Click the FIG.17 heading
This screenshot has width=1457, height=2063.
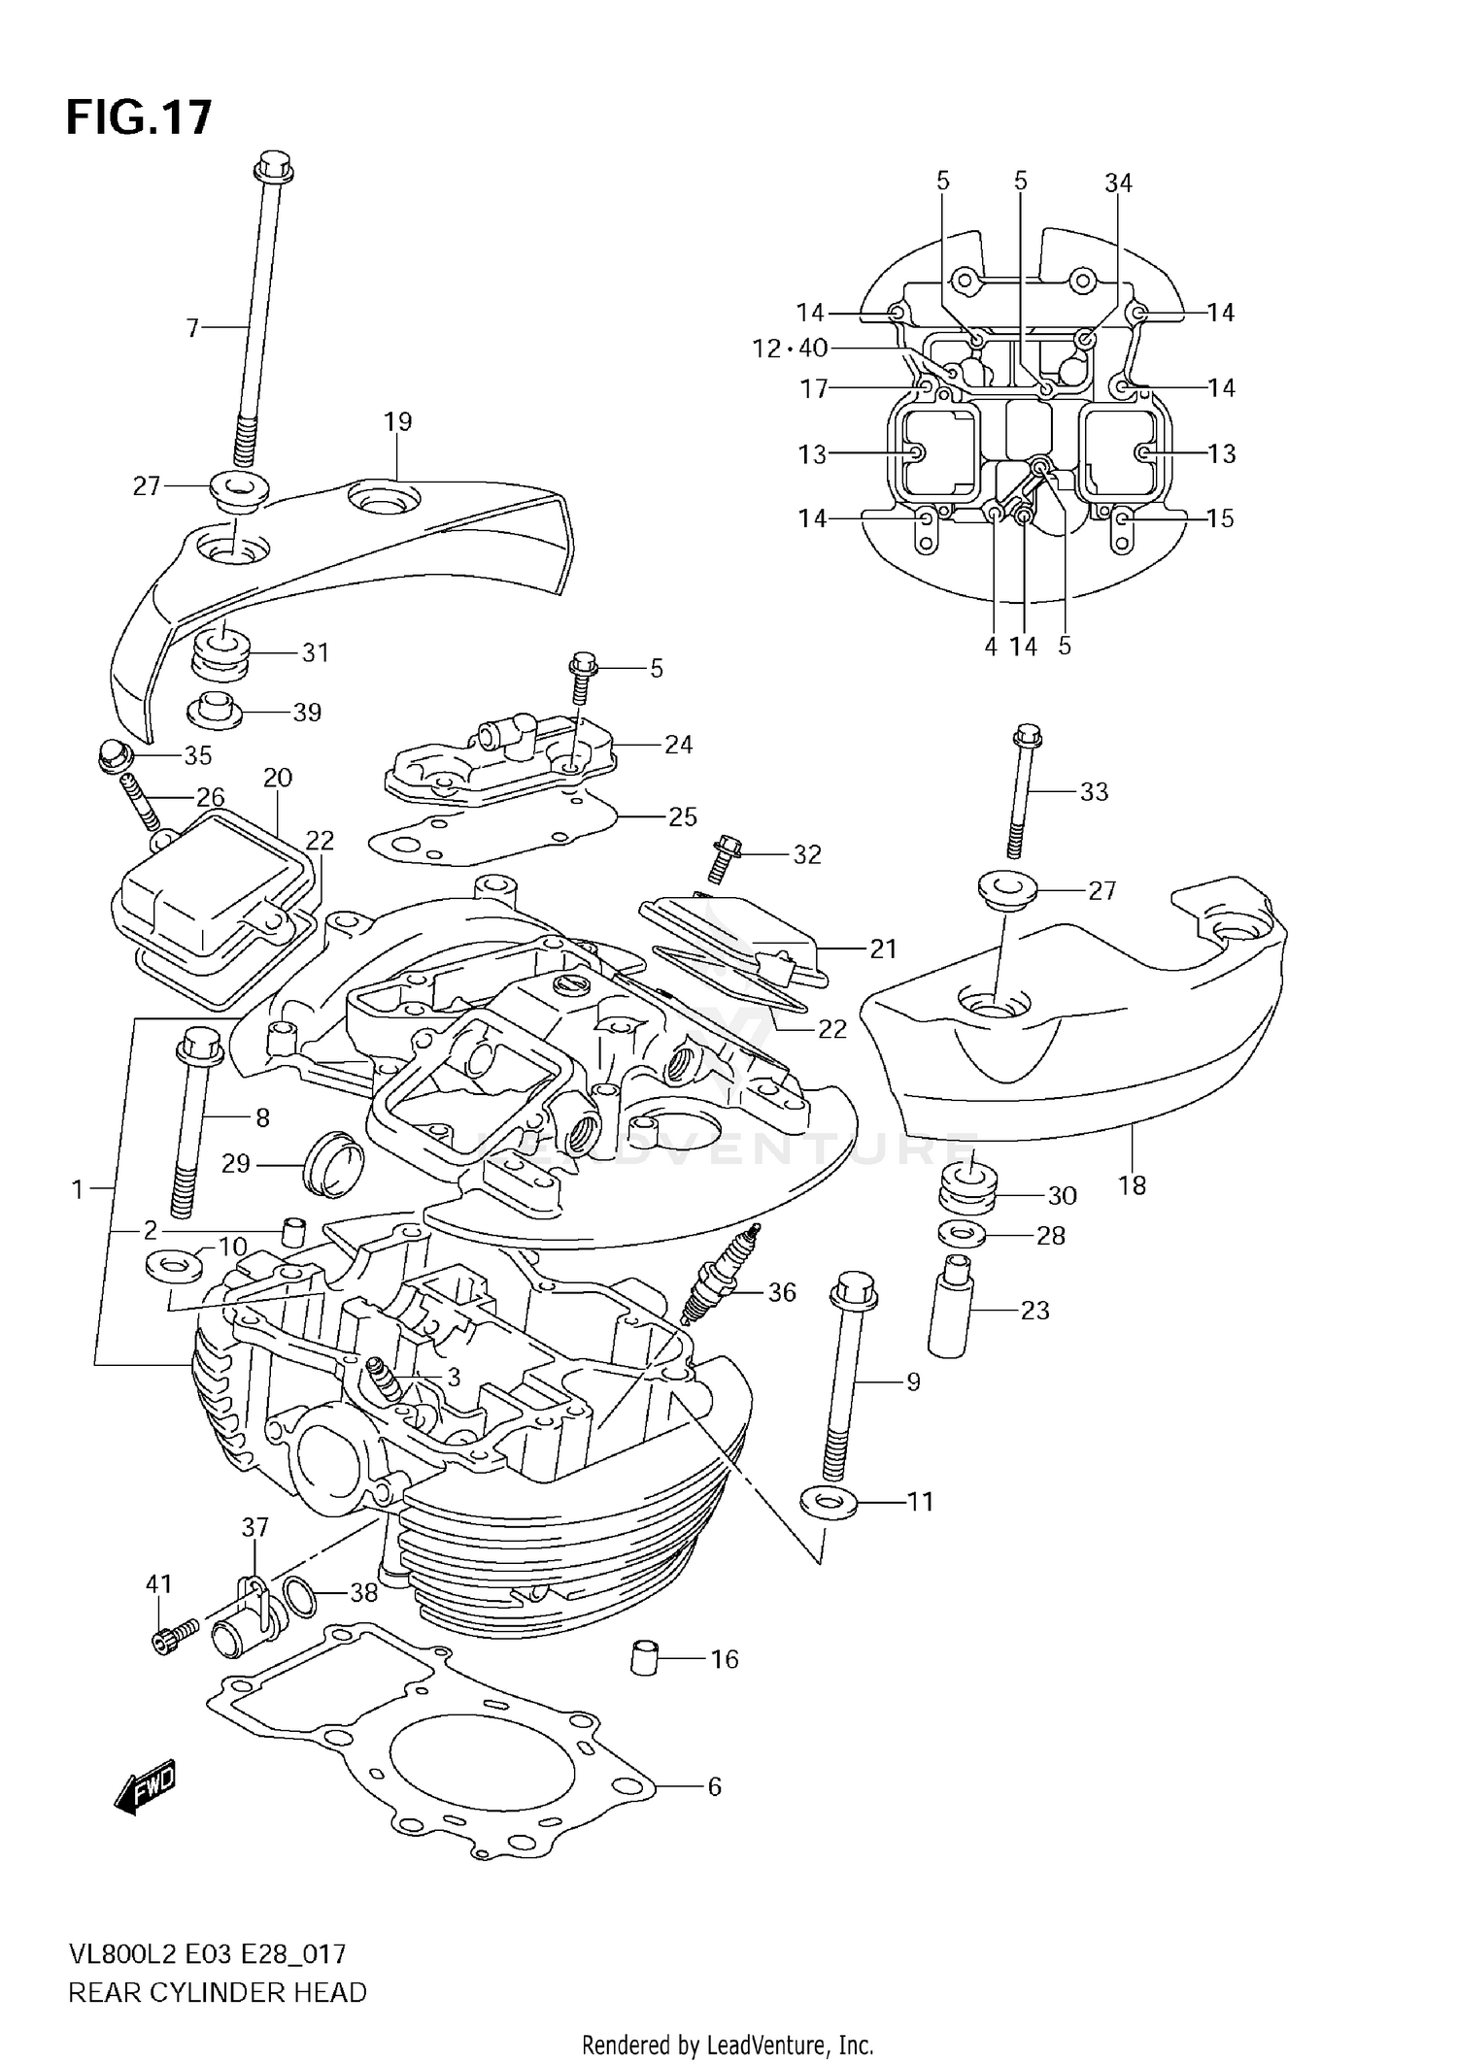coord(138,117)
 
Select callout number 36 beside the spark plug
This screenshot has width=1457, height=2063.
coord(781,1292)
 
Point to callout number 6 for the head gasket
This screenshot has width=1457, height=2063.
coord(714,1786)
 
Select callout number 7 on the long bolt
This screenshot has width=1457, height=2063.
coord(192,329)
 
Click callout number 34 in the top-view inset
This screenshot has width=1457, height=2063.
coord(1118,183)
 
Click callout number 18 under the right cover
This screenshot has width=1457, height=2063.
coord(1132,1185)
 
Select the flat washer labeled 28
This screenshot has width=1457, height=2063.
coord(963,1235)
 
